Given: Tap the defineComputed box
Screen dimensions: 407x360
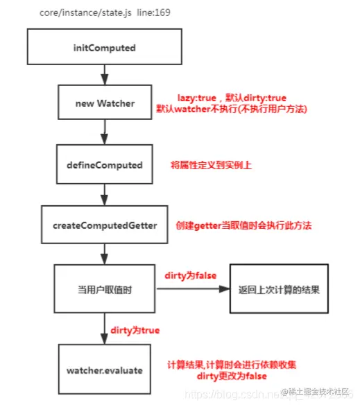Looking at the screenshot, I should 104,165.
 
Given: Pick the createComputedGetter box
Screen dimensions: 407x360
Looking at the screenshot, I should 104,225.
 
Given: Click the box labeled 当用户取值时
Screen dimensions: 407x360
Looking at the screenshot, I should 104,291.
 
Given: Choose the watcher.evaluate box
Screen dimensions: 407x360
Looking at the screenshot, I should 104,370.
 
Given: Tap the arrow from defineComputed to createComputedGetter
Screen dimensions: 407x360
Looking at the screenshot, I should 104,193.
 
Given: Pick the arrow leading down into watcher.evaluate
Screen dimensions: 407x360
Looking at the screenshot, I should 104,329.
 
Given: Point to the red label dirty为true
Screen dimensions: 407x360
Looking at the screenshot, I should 135,330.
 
